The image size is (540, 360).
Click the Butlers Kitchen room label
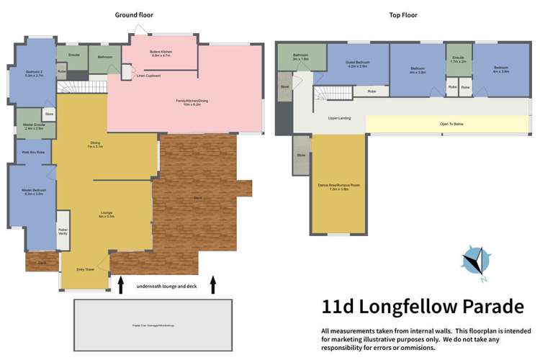(160, 53)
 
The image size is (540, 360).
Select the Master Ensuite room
(33, 127)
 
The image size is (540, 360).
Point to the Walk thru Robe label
(33, 153)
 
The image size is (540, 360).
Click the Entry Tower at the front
(85, 269)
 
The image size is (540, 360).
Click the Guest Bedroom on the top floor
(358, 64)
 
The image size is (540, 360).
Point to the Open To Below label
(451, 124)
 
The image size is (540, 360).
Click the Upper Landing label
(339, 118)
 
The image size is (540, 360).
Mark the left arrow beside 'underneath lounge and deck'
(120, 284)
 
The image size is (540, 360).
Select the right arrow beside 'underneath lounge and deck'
(213, 284)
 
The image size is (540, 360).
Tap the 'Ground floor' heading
(134, 15)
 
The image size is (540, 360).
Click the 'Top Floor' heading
(402, 15)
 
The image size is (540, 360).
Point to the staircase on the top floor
(333, 92)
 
